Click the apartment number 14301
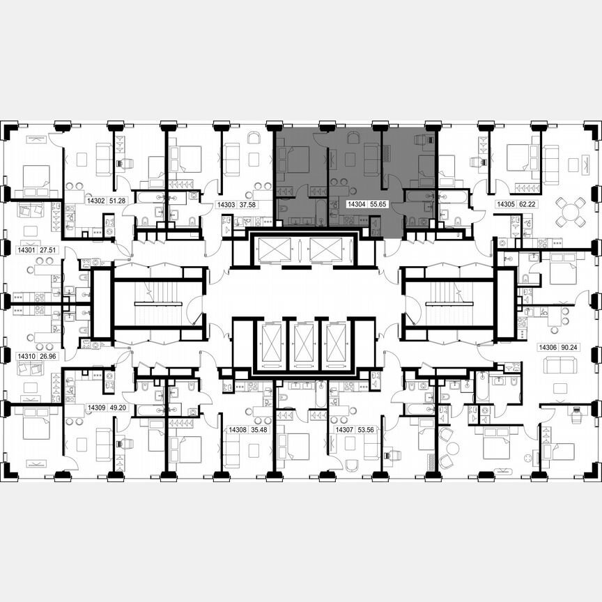[x=26, y=248]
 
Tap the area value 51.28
[x=118, y=200]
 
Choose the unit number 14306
[x=548, y=346]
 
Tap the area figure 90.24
[x=573, y=346]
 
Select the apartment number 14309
[x=95, y=408]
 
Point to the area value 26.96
[x=47, y=355]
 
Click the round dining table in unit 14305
[x=570, y=210]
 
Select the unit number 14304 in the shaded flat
[x=357, y=206]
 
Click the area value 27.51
[x=47, y=248]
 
